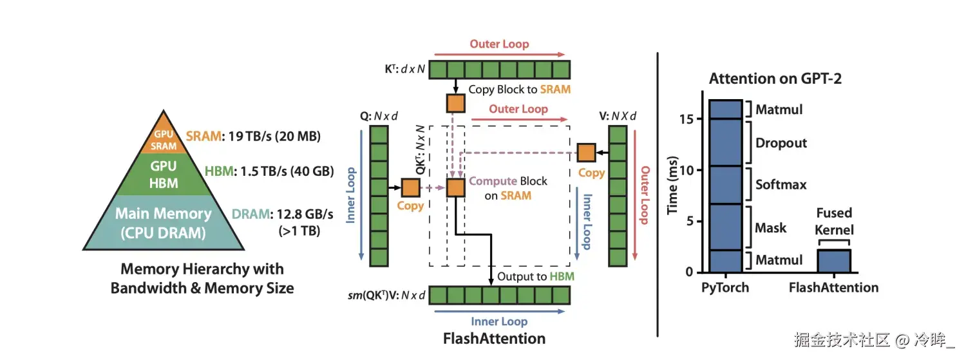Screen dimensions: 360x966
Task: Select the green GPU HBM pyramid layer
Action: click(x=164, y=175)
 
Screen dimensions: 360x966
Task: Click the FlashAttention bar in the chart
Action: click(x=834, y=261)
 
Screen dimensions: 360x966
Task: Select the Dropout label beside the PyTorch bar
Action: click(x=781, y=142)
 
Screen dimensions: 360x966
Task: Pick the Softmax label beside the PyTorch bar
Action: click(x=781, y=185)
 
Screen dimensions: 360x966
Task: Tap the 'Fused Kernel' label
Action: click(x=834, y=222)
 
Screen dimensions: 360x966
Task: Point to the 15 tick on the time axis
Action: click(x=687, y=119)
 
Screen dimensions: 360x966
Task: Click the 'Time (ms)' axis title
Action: click(x=673, y=186)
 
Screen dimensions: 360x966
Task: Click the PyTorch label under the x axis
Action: click(x=725, y=287)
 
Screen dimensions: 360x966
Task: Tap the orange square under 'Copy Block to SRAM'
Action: click(x=455, y=103)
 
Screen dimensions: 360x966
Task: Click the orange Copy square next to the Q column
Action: click(x=410, y=187)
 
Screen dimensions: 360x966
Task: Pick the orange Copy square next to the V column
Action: click(x=585, y=153)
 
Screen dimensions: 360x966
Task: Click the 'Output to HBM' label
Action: click(x=535, y=276)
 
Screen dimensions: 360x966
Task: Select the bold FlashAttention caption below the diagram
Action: click(x=494, y=338)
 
